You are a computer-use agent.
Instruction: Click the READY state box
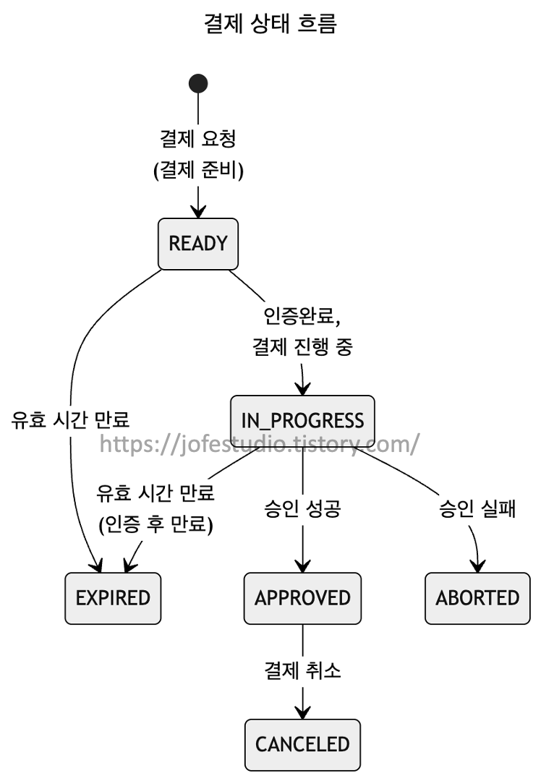pyautogui.click(x=197, y=244)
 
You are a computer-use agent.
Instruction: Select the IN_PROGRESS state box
pyautogui.click(x=302, y=421)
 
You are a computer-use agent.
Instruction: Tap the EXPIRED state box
pyautogui.click(x=113, y=598)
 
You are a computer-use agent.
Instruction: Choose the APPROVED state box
pyautogui.click(x=302, y=598)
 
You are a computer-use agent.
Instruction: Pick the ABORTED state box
pyautogui.click(x=477, y=598)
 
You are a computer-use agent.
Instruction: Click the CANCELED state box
pyautogui.click(x=302, y=745)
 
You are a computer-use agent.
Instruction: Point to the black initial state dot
pyautogui.click(x=198, y=84)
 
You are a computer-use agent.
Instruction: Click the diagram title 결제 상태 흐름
pyautogui.click(x=270, y=23)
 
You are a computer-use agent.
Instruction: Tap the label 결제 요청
pyautogui.click(x=197, y=138)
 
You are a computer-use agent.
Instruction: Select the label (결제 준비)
pyautogui.click(x=198, y=170)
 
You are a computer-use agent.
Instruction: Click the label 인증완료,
pyautogui.click(x=302, y=315)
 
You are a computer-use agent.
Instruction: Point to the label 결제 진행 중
pyautogui.click(x=302, y=346)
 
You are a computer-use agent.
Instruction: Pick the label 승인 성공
pyautogui.click(x=302, y=508)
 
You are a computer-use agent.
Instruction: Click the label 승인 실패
pyautogui.click(x=477, y=508)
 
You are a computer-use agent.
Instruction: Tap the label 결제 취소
pyautogui.click(x=302, y=670)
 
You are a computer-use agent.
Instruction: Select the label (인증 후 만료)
pyautogui.click(x=156, y=524)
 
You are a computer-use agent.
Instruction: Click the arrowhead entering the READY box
pyautogui.click(x=198, y=211)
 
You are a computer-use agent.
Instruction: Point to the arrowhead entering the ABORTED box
pyautogui.click(x=478, y=566)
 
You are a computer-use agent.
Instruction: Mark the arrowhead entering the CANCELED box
pyautogui.click(x=302, y=712)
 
